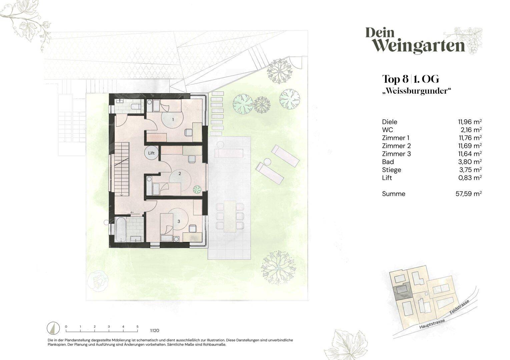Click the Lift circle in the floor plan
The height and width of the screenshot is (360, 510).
151,153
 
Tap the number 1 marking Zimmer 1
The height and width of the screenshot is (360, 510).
173,119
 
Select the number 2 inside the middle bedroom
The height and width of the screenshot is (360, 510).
180,174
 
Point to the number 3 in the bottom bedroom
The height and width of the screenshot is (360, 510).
179,221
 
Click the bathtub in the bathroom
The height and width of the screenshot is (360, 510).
121,230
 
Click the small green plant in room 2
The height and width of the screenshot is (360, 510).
197,190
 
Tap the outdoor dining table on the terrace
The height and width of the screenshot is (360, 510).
230,216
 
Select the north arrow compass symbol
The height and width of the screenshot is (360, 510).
53,329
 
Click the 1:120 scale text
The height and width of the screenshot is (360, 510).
154,331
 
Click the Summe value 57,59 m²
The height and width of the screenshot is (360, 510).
469,194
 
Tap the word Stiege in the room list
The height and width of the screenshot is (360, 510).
392,170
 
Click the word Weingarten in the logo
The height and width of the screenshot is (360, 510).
419,47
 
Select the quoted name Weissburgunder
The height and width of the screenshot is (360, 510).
416,91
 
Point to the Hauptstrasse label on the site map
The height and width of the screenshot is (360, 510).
432,324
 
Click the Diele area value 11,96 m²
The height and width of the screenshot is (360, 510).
470,122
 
